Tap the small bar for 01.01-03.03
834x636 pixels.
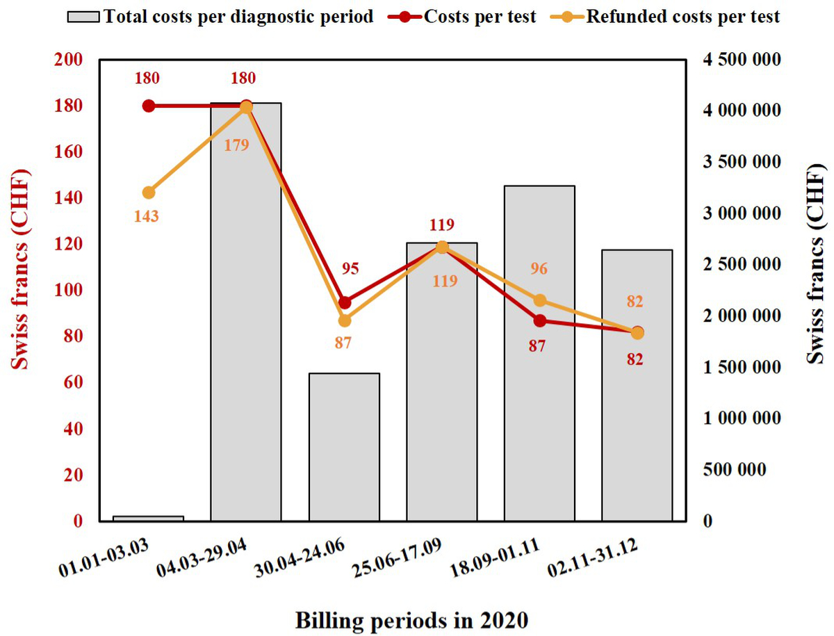tap(148, 518)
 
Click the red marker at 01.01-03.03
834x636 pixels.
tap(148, 106)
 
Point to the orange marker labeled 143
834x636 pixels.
tap(148, 193)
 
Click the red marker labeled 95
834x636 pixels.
tap(344, 302)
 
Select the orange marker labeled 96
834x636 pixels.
tap(539, 300)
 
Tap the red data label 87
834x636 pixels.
tap(537, 345)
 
